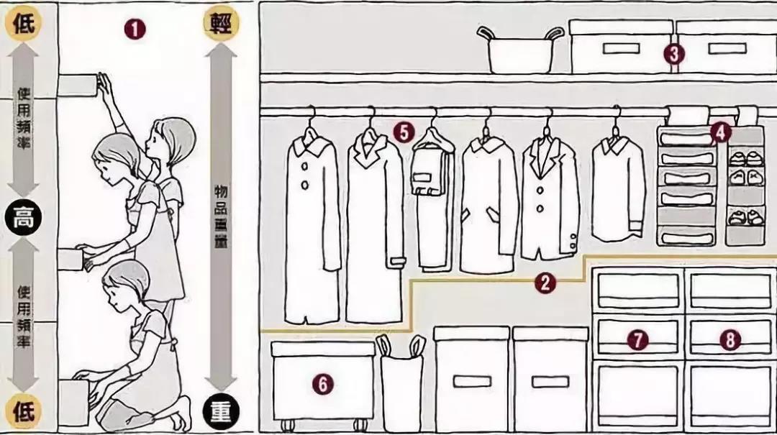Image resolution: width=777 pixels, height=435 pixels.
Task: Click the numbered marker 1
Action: click(x=135, y=29)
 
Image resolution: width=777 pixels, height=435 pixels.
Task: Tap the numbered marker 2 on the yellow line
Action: click(x=545, y=283)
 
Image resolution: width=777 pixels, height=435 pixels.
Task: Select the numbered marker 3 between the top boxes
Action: click(x=674, y=54)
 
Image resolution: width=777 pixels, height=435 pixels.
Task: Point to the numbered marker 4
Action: click(x=720, y=132)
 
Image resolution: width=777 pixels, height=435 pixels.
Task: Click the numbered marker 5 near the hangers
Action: click(x=404, y=132)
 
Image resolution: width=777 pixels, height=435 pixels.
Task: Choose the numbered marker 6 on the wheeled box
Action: click(x=322, y=384)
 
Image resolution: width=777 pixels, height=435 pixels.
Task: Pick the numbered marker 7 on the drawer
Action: click(x=637, y=340)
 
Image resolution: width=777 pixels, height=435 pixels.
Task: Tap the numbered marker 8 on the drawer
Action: click(x=730, y=340)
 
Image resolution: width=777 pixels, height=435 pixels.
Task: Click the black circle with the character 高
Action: click(x=23, y=217)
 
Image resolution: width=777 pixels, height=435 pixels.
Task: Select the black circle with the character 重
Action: click(x=221, y=412)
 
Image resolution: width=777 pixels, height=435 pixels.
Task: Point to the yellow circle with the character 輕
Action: click(x=221, y=23)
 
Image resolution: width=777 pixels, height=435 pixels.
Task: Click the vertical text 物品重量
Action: click(x=221, y=216)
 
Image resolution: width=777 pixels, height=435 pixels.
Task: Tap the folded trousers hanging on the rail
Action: click(x=433, y=198)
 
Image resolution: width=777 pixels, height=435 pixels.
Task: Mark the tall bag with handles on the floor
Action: click(x=401, y=383)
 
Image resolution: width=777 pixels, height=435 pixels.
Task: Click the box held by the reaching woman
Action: click(x=77, y=86)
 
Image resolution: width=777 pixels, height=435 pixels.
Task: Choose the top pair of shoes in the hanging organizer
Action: click(x=746, y=159)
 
